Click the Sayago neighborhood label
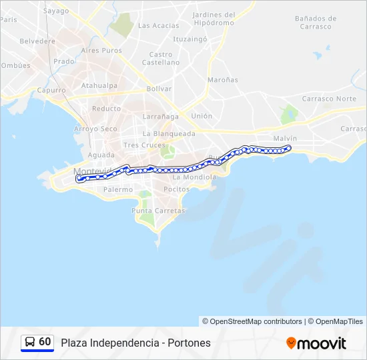56,11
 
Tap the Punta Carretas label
158,211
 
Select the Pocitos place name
176,189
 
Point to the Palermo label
118,189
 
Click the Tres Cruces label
144,145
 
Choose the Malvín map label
285,138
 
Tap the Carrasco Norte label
329,99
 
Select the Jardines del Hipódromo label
214,19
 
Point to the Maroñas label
222,80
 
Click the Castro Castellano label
161,59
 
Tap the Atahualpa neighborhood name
99,85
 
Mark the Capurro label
51,90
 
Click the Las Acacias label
158,25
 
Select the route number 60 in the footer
45,342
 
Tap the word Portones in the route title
189,343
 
